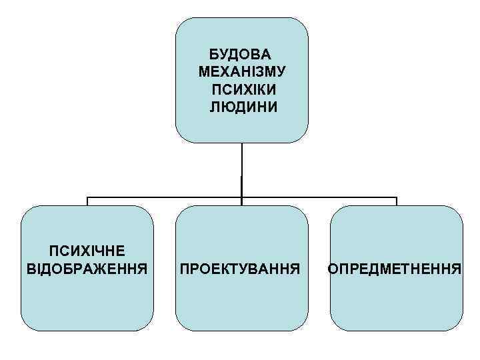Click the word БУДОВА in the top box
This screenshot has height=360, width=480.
pyautogui.click(x=241, y=54)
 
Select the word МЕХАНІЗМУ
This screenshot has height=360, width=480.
pyautogui.click(x=241, y=71)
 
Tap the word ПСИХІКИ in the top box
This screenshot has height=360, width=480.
pyautogui.click(x=241, y=89)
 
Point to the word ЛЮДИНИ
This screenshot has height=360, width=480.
pyautogui.click(x=241, y=106)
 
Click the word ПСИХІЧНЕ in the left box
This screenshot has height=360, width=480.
pyautogui.click(x=87, y=251)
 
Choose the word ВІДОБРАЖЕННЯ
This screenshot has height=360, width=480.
pyautogui.click(x=87, y=268)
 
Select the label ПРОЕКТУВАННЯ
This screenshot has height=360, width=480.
pyautogui.click(x=241, y=269)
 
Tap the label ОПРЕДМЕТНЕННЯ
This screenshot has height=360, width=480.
pyautogui.click(x=395, y=269)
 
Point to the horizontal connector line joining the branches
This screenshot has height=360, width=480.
pyautogui.click(x=167, y=197)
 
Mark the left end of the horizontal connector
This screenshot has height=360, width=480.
pyautogui.click(x=87, y=198)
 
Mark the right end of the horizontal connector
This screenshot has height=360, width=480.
pyautogui.click(x=397, y=198)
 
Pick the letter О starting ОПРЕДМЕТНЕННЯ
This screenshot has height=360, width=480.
pyautogui.click(x=332, y=269)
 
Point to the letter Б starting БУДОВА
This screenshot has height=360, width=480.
pyautogui.click(x=213, y=54)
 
